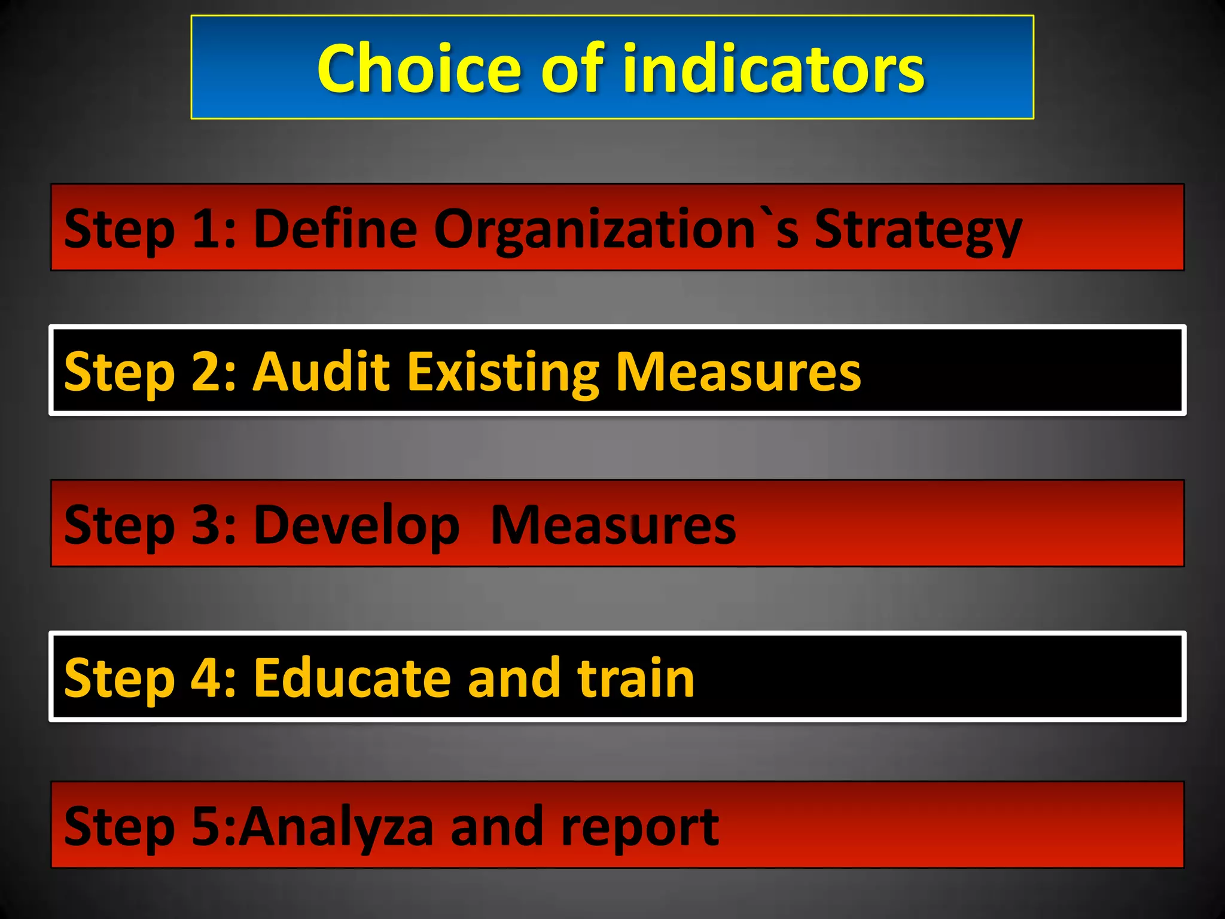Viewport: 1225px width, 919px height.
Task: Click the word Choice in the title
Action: tap(419, 69)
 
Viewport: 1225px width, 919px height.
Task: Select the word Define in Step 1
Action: tap(335, 229)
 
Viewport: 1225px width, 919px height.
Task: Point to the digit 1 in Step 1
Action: tap(206, 229)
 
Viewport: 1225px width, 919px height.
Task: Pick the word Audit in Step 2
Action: tap(322, 372)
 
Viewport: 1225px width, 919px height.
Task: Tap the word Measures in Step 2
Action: tap(738, 372)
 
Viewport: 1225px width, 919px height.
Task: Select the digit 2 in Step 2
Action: tap(206, 372)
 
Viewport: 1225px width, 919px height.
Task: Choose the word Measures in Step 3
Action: tap(613, 525)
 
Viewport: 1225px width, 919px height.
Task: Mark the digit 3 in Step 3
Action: tap(206, 525)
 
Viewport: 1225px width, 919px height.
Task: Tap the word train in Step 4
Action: tap(635, 678)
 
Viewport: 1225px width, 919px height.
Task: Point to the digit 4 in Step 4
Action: tap(206, 678)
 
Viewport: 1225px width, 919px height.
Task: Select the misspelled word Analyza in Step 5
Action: tap(336, 827)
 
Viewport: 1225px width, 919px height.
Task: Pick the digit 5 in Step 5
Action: tap(206, 827)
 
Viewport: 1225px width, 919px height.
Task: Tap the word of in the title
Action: tap(572, 69)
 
